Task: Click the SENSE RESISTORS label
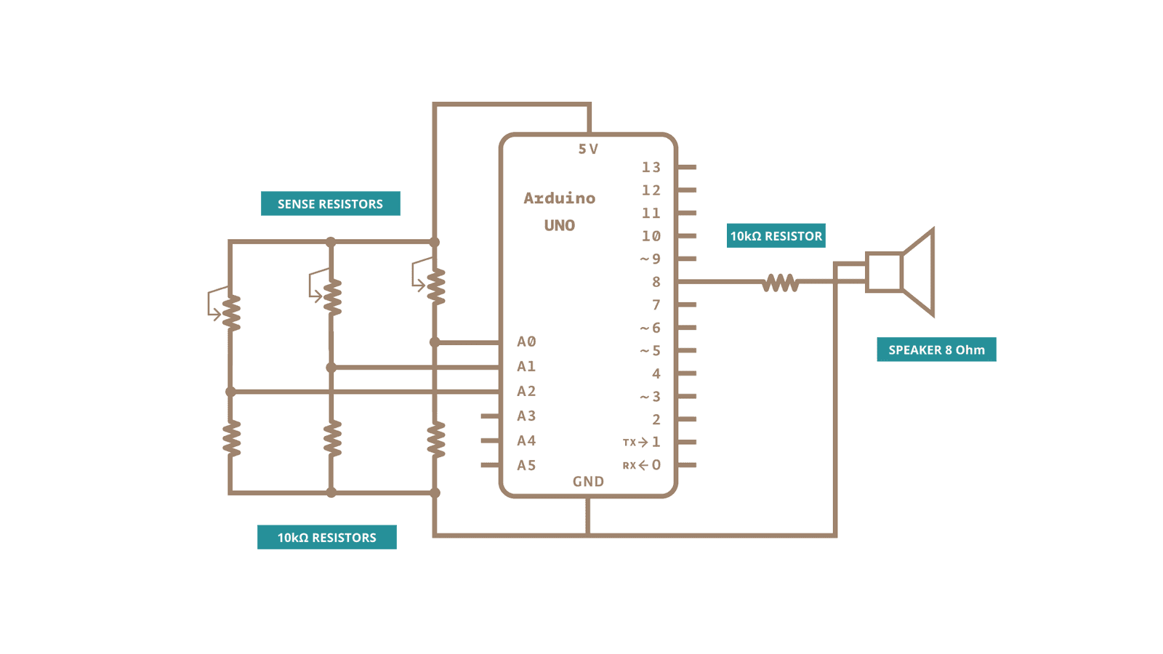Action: (330, 203)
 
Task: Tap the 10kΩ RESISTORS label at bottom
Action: (326, 537)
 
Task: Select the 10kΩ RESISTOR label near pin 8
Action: (776, 235)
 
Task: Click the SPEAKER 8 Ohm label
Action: (936, 350)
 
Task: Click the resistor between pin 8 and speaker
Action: (780, 282)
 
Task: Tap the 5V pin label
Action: (588, 149)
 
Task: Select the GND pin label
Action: (588, 481)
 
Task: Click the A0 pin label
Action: (526, 342)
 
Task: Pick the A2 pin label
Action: (526, 391)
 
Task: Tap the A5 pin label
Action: (526, 465)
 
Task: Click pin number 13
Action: (651, 167)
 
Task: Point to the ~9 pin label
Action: (650, 259)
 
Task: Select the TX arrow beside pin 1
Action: (643, 442)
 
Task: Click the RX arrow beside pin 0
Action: (643, 465)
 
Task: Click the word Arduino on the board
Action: (559, 198)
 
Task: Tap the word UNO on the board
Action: (559, 225)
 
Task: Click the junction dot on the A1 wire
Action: (331, 367)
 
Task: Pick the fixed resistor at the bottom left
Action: (231, 438)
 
